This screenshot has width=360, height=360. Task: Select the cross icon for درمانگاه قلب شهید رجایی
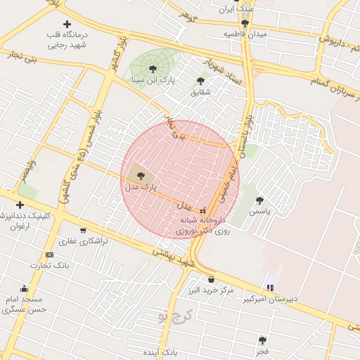tap(67, 25)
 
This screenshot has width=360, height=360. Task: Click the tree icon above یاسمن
tap(259, 200)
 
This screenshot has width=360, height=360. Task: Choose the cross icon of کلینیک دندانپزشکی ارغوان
tap(20, 205)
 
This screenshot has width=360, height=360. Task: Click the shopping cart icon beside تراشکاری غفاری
tap(83, 230)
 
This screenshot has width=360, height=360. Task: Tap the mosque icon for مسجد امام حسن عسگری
tap(25, 288)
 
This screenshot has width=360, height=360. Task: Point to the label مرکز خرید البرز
tap(211, 290)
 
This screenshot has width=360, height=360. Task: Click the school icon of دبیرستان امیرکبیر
tap(270, 288)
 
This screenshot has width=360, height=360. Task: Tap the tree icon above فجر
tap(262, 340)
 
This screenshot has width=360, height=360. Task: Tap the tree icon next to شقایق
tap(200, 81)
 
